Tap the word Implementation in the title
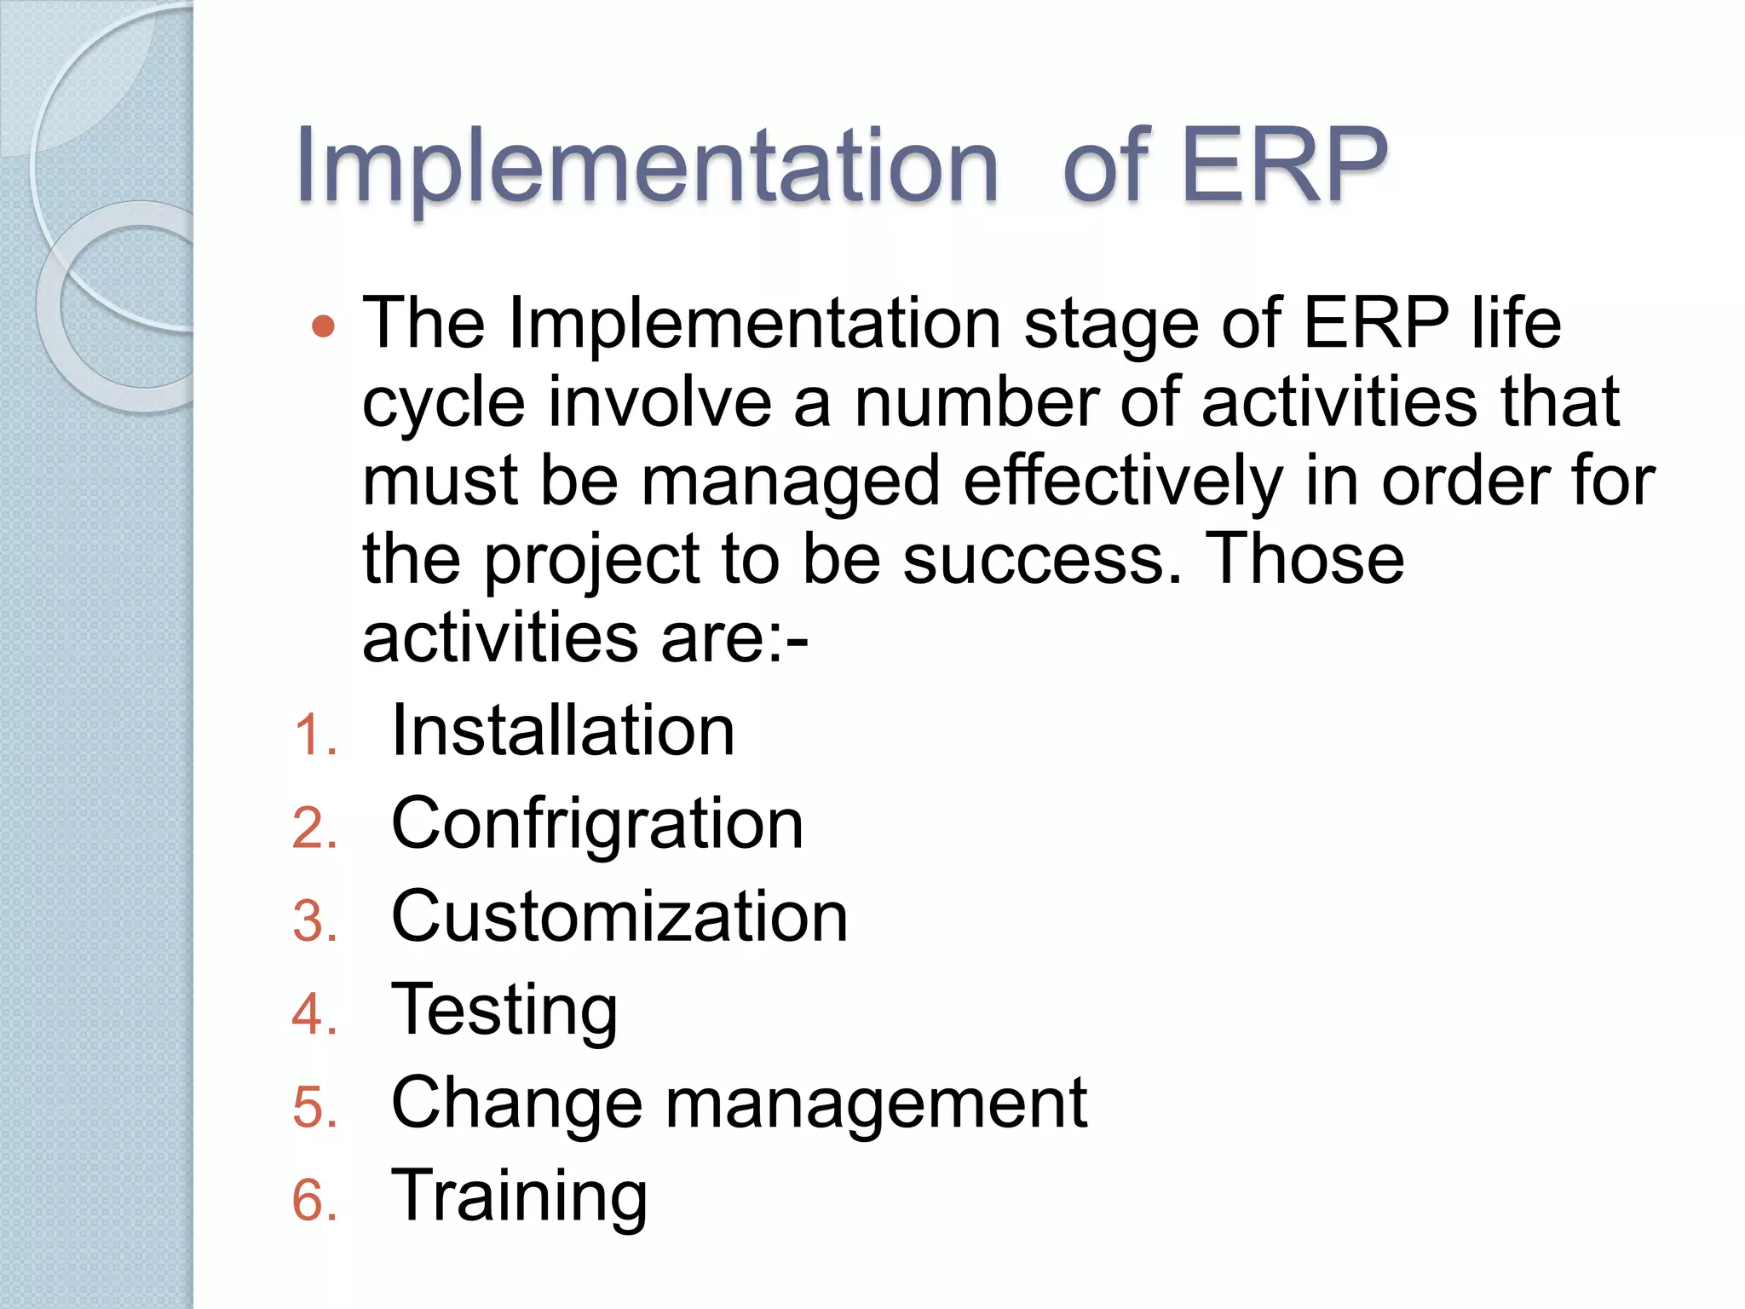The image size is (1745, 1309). [x=647, y=166]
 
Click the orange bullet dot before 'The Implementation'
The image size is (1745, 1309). [x=324, y=326]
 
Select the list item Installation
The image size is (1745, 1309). [x=562, y=731]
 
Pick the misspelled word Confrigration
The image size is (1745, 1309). [x=596, y=824]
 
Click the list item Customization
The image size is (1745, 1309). [x=619, y=917]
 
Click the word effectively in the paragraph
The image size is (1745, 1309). [x=1122, y=482]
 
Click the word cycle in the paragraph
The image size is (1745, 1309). [x=444, y=403]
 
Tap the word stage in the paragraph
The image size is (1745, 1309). [x=1111, y=326]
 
